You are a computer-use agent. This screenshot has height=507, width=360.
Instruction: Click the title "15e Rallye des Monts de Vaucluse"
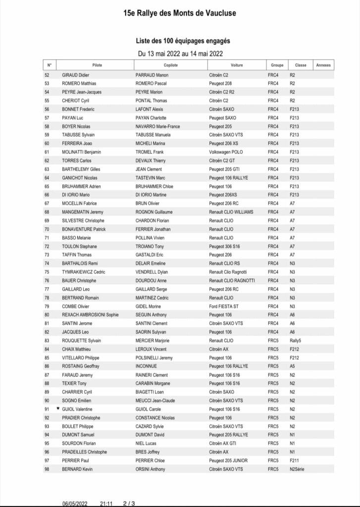pyautogui.click(x=180, y=14)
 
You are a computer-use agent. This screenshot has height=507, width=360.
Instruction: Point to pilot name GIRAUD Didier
pyautogui.click(x=78, y=75)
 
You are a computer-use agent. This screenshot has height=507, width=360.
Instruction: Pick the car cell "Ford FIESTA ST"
pyautogui.click(x=224, y=306)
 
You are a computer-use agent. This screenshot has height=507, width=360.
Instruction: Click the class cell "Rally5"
pyautogui.click(x=296, y=341)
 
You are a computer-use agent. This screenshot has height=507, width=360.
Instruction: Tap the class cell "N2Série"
pyautogui.click(x=298, y=469)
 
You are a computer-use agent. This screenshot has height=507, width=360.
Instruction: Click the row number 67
pyautogui.click(x=47, y=203)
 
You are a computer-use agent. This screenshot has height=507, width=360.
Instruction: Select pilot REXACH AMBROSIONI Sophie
pyautogui.click(x=90, y=315)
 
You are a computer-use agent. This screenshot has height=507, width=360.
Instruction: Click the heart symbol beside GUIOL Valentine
pyautogui.click(x=58, y=409)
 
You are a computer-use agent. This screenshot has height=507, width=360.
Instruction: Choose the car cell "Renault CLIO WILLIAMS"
pyautogui.click(x=231, y=211)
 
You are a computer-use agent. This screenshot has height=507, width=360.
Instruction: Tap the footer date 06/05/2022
pyautogui.click(x=75, y=503)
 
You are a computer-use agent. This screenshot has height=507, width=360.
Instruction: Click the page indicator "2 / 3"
pyautogui.click(x=129, y=503)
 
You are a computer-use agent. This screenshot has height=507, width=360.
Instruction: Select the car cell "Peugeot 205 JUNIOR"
pyautogui.click(x=228, y=460)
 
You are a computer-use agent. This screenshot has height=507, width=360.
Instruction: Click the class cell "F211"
pyautogui.click(x=294, y=460)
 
